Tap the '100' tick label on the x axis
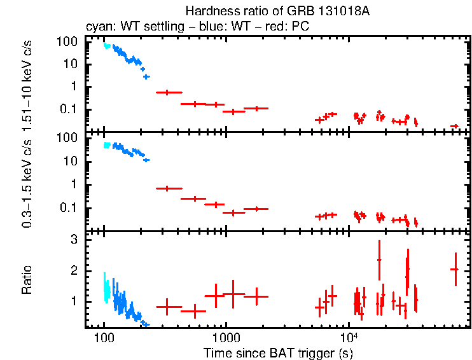point(104,338)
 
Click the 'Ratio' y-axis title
point(27,280)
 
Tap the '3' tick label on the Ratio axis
point(74,240)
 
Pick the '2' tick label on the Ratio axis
point(74,270)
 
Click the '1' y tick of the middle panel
point(74,184)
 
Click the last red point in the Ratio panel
point(455,269)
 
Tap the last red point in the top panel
point(455,126)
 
